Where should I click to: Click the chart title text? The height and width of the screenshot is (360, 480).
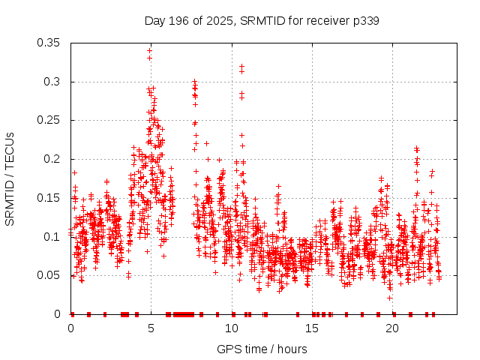[x=261, y=21]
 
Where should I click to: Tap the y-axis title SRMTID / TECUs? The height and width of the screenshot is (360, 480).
[x=10, y=178]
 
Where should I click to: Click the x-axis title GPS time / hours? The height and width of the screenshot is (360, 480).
[x=262, y=349]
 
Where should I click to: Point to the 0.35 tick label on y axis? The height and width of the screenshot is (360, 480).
[x=50, y=43]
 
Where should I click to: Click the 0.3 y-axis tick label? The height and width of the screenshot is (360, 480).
[x=53, y=82]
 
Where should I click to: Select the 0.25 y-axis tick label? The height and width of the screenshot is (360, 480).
[x=50, y=120]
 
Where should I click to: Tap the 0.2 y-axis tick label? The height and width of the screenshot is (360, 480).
[x=53, y=159]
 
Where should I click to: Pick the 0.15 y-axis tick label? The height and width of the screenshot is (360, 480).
[x=50, y=198]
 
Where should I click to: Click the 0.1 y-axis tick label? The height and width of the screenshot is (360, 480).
[x=53, y=236]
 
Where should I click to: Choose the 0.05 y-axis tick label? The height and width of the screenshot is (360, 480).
[x=50, y=275]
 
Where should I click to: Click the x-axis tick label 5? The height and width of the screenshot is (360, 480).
[x=151, y=328]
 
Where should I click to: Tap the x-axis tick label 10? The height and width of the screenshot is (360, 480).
[x=232, y=328]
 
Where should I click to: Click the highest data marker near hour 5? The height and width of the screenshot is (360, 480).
[x=150, y=51]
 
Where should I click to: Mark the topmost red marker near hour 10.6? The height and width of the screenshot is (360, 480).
[x=241, y=66]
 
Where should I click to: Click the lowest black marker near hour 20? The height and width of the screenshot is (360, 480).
[x=390, y=298]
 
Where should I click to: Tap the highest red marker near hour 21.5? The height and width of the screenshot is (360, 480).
[x=416, y=148]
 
